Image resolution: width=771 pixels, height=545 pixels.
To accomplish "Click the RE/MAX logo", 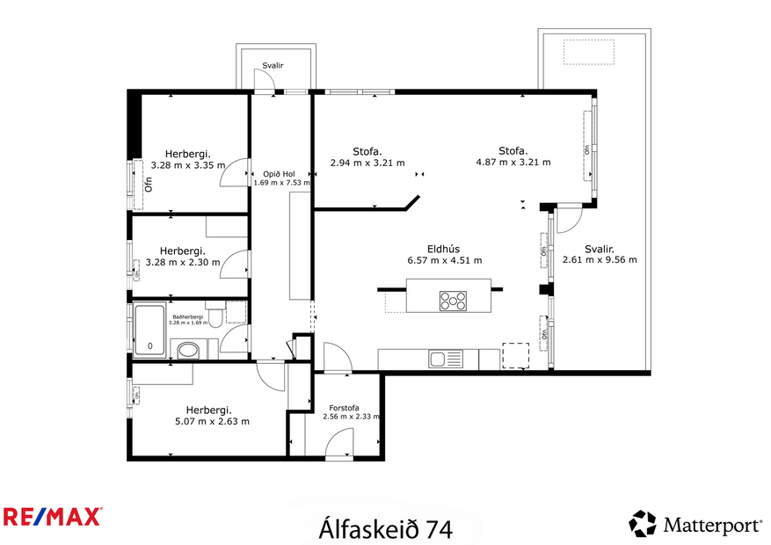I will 52,516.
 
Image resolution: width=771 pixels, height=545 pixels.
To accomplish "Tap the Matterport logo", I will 695,525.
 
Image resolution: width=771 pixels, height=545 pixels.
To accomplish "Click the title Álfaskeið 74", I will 385,528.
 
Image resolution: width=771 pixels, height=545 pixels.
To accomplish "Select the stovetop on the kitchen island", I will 453,301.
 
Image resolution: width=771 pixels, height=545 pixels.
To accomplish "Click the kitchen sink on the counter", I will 446,359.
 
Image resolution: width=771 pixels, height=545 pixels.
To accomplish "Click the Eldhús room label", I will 445,249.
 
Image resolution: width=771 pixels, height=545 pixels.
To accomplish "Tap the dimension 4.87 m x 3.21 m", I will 513,162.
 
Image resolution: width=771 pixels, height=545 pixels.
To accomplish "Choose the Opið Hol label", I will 280,173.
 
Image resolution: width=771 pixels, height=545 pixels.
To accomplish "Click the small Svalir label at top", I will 273,65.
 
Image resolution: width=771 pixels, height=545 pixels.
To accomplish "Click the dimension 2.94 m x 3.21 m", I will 367,163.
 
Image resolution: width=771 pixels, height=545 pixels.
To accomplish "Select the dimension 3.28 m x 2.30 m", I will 189,262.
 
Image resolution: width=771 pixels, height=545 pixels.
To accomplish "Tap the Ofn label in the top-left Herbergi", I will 149,184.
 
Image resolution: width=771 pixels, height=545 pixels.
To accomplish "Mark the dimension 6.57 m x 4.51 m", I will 445,260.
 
